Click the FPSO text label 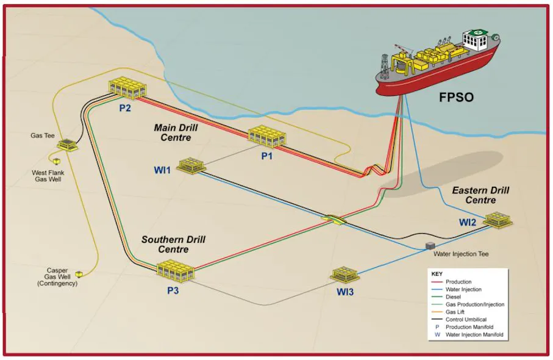pyautogui.click(x=456, y=98)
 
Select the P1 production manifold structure pyautogui.click(x=267, y=136)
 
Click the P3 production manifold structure pyautogui.click(x=176, y=271)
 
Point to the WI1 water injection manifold pyautogui.click(x=191, y=165)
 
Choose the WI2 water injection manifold pyautogui.click(x=498, y=220)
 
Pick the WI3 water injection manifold pyautogui.click(x=345, y=274)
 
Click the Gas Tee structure pyautogui.click(x=67, y=145)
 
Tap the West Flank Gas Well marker pyautogui.click(x=57, y=161)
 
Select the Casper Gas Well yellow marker pyautogui.click(x=79, y=273)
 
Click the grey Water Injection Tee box pyautogui.click(x=430, y=246)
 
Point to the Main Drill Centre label pyautogui.click(x=176, y=132)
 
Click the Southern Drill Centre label pyautogui.click(x=173, y=244)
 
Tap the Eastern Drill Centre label pyautogui.click(x=480, y=195)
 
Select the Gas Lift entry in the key pyautogui.click(x=455, y=312)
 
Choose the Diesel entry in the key pyautogui.click(x=453, y=297)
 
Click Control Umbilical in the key pyautogui.click(x=466, y=319)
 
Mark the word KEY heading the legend pyautogui.click(x=437, y=274)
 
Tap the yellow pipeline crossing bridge pyautogui.click(x=334, y=220)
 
